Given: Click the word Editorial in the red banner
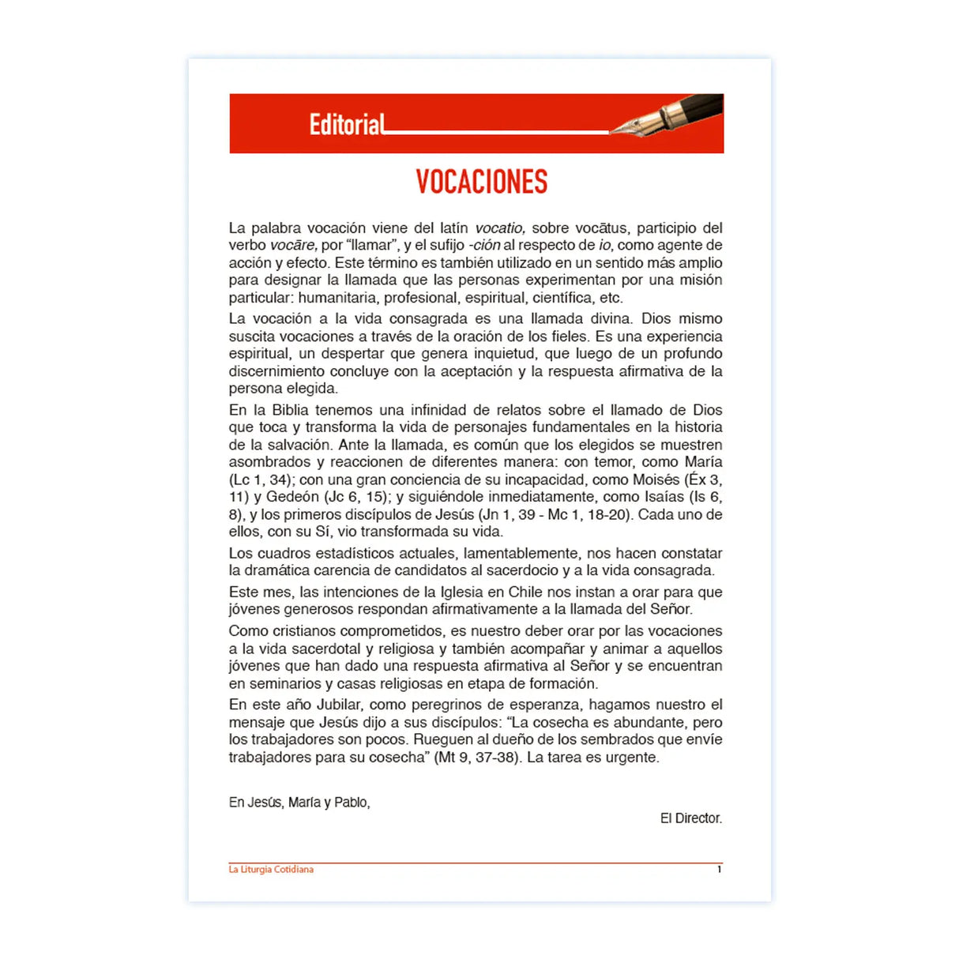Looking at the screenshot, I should (x=347, y=125).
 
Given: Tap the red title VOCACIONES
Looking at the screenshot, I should (x=481, y=182).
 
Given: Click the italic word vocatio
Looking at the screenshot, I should (x=500, y=228).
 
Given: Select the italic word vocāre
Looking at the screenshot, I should (x=293, y=246).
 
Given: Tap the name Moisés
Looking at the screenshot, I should (x=656, y=479).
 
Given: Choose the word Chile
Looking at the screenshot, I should (x=525, y=592).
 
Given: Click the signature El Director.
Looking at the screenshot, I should (x=691, y=818).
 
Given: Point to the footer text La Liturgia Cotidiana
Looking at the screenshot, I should (x=271, y=870).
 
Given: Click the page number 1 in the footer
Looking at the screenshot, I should (x=719, y=870).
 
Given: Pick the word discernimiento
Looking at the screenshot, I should (x=277, y=371).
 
